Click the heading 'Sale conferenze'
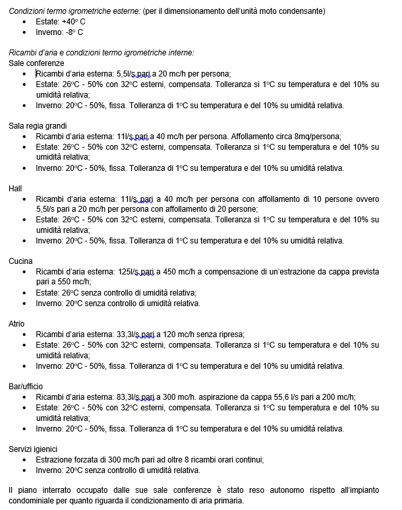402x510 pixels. [36, 63]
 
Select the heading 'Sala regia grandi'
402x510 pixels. [38, 125]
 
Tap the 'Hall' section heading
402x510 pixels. [15, 188]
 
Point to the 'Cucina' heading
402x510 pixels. [20, 261]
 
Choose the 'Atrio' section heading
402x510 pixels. [16, 324]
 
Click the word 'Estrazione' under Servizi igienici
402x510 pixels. [56, 460]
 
